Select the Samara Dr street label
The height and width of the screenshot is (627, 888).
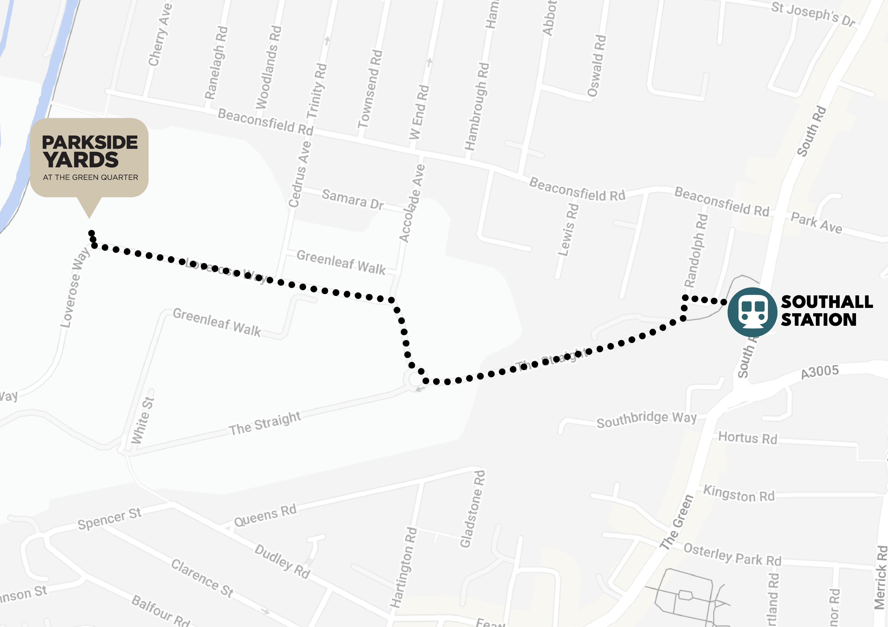(x=352, y=199)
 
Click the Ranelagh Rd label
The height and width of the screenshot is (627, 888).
(x=216, y=63)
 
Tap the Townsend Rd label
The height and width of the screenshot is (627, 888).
(x=370, y=89)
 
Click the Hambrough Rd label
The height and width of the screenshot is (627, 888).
(x=477, y=106)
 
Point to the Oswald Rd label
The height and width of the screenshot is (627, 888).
(x=597, y=66)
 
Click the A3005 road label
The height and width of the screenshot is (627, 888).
(x=820, y=372)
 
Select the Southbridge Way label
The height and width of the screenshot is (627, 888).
(x=646, y=420)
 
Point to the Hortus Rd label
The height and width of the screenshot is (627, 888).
(x=747, y=438)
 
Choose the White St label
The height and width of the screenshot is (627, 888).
(x=142, y=420)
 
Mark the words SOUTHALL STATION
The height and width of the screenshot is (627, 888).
(x=826, y=311)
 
